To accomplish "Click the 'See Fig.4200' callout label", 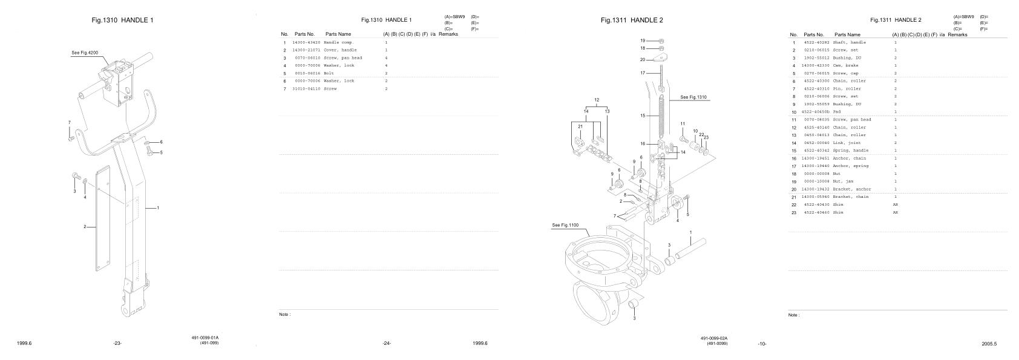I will pos(85,53).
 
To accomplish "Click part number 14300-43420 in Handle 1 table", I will pos(306,42).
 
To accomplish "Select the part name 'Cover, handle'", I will pos(340,50).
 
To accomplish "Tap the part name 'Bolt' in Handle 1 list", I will pos(329,73).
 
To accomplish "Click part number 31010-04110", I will pos(306,89).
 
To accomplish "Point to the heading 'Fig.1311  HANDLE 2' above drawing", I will pos(632,21).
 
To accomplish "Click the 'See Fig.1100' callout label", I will pos(565,225).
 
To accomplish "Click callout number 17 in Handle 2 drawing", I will pos(643,73).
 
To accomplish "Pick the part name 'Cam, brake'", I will pos(845,65).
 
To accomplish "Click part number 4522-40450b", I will pos(816,112).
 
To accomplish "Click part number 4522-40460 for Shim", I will pos(816,212).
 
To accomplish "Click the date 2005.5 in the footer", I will pos(989,344).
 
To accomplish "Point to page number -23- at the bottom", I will pos(117,344).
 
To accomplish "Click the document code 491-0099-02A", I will pos(714,338).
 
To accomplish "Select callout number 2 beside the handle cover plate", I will pos(85,226).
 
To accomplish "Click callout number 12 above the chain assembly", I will pos(596,100).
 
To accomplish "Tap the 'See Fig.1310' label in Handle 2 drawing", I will pos(693,97).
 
